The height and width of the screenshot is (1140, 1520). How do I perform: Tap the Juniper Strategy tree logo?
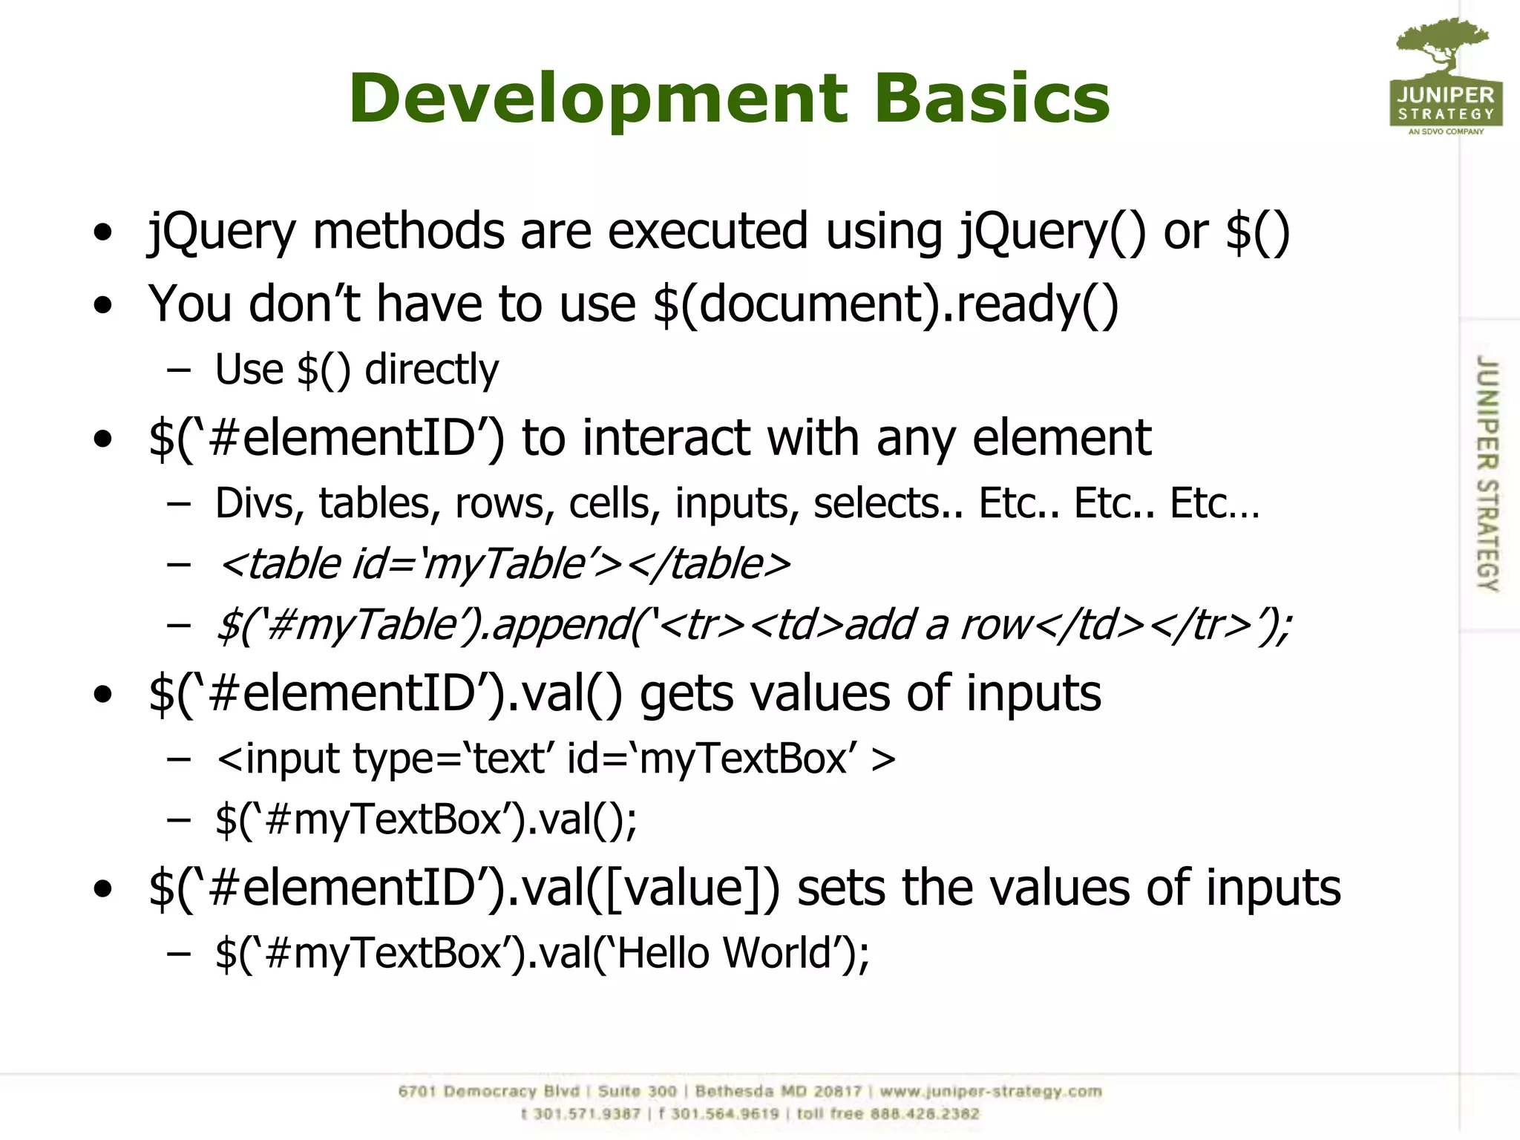coord(1445,74)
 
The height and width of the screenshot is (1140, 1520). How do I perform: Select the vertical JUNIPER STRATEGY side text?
coord(1487,474)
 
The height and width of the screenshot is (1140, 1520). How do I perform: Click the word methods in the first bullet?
coord(409,232)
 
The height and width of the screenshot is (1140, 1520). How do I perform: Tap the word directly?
coord(432,370)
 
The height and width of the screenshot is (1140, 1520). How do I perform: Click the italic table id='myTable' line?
coord(504,564)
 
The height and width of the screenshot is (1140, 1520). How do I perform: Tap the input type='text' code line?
coord(555,759)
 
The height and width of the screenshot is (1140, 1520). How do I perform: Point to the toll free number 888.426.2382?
coord(925,1114)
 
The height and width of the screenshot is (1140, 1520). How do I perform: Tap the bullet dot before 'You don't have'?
coord(103,305)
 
